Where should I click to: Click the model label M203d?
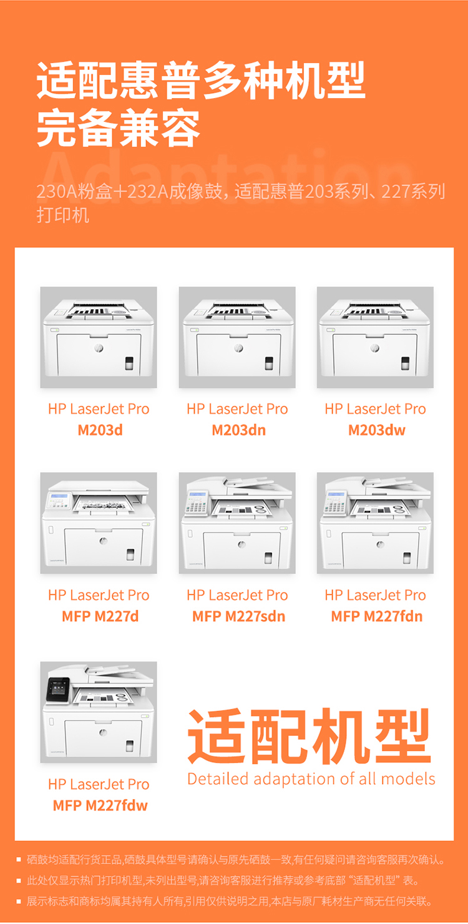(100, 430)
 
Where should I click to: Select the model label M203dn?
(238, 430)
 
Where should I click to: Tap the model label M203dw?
(376, 430)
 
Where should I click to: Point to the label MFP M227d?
(100, 616)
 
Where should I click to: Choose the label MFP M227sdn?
(238, 616)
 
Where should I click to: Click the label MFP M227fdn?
(376, 616)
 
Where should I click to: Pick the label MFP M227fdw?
(100, 805)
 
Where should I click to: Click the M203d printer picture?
(99, 337)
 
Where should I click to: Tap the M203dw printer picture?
(375, 337)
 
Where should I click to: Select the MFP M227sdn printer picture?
(237, 523)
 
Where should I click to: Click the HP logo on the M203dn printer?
(238, 349)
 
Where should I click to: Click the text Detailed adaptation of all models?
(311, 779)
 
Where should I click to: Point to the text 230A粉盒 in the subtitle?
(74, 191)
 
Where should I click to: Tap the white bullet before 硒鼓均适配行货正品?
(19, 860)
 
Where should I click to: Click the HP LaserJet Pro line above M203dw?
(375, 409)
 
